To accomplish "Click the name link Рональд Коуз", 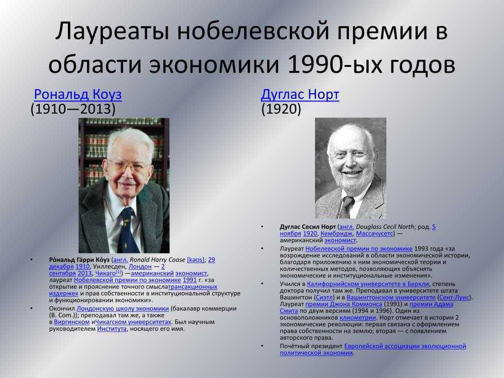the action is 78,94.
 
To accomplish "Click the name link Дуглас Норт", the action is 300,94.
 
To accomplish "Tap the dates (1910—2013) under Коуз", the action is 73,109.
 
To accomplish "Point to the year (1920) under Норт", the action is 281,109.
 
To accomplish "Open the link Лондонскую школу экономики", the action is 123,309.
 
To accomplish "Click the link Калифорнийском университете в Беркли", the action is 368,284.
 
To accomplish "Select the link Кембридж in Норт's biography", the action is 337,233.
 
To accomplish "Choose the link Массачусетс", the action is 374,233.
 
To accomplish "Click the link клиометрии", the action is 357,317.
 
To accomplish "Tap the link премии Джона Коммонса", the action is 344,304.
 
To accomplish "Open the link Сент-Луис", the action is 454,297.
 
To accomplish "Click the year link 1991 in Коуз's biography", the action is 189,280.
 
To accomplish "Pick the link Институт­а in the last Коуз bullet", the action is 112,329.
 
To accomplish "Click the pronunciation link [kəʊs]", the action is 195,260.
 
